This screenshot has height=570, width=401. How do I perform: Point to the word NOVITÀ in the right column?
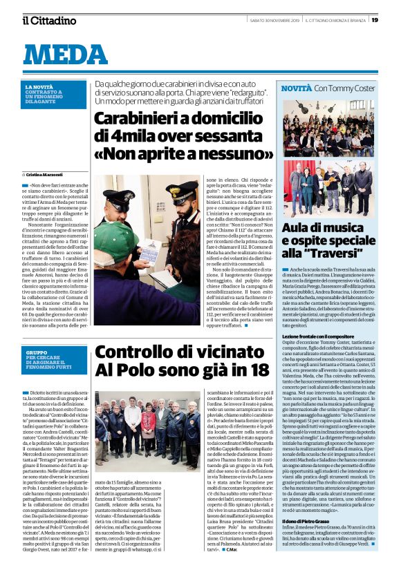coord(297,89)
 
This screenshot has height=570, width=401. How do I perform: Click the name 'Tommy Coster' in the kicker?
coord(354,89)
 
